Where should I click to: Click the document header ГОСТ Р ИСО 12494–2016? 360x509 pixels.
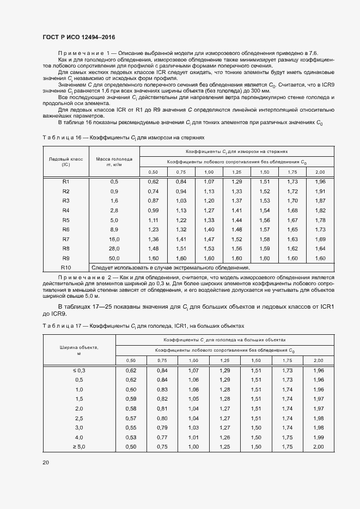click(78, 37)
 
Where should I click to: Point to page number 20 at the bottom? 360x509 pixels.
click(45, 462)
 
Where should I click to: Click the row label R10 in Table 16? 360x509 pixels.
click(66, 268)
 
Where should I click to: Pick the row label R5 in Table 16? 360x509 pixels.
click(66, 220)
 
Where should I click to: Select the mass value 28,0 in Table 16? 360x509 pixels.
click(114, 249)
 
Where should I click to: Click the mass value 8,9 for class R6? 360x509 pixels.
click(114, 230)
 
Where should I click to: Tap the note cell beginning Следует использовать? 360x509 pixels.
click(170, 268)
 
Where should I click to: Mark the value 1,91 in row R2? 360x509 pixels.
click(320, 191)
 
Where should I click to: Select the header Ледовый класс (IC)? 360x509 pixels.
click(66, 161)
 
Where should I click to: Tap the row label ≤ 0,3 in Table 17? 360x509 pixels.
click(79, 370)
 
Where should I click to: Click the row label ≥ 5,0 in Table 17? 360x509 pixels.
click(79, 446)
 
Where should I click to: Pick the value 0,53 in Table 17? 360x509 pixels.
click(131, 437)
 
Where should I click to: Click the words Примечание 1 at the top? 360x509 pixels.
click(81, 52)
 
